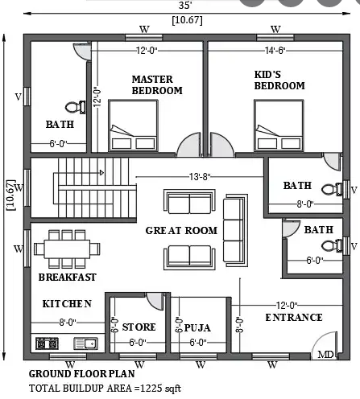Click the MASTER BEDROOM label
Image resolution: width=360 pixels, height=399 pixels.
tap(157, 84)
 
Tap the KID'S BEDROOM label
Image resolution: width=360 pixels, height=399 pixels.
tap(279, 80)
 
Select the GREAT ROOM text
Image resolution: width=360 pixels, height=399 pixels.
tap(181, 231)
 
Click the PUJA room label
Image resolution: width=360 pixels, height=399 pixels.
tap(197, 327)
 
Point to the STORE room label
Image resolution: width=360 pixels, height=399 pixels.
tap(139, 327)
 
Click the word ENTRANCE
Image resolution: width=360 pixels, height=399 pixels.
tap(294, 318)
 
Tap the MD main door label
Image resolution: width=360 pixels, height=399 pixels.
tap(325, 355)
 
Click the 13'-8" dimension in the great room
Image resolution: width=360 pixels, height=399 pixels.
tap(200, 177)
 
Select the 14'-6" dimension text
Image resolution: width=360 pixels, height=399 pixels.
tap(275, 51)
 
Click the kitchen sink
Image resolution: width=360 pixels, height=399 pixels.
tap(85, 343)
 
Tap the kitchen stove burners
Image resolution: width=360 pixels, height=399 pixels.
tap(47, 343)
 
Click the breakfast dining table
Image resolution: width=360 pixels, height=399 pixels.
tap(67, 249)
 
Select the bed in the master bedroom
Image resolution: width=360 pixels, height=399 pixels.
tap(133, 125)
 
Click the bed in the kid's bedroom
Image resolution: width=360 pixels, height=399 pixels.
tap(279, 125)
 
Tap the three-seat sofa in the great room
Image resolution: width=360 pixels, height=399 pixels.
tap(235, 230)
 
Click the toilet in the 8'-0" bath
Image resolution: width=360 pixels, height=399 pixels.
tap(332, 189)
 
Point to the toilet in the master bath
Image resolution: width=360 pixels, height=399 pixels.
tap(76, 107)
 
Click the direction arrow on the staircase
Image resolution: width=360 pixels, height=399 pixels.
tap(101, 173)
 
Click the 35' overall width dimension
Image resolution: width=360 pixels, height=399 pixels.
tap(185, 5)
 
